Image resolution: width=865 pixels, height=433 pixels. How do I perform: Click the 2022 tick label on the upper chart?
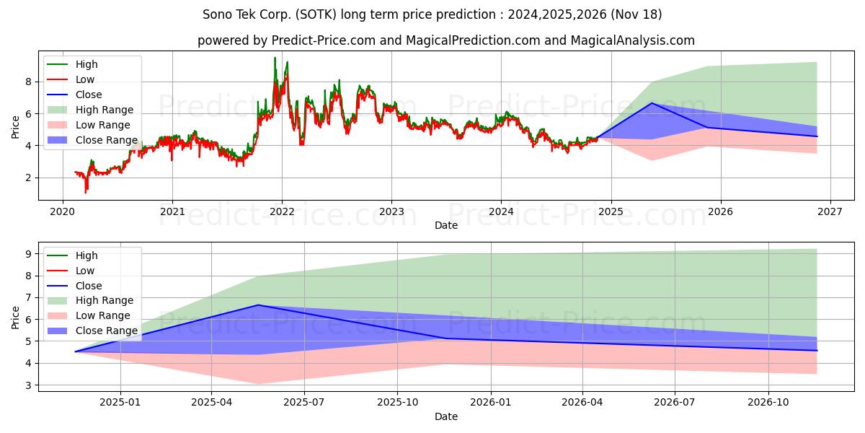(x=282, y=212)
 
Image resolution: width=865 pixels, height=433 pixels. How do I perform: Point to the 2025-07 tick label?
(x=304, y=403)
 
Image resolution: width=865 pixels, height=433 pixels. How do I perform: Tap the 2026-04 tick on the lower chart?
(x=582, y=403)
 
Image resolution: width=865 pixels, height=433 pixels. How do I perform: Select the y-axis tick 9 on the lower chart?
(x=29, y=254)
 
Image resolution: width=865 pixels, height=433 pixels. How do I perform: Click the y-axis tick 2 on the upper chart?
(x=29, y=178)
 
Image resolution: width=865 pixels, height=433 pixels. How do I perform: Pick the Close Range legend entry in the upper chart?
(x=92, y=140)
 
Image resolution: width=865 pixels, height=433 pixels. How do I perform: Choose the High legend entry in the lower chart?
(x=72, y=255)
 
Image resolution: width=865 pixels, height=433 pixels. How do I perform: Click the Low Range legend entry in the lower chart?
(x=89, y=315)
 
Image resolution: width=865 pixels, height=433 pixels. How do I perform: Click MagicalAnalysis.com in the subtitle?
(x=633, y=40)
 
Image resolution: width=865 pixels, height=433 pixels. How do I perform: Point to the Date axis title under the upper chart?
(x=446, y=225)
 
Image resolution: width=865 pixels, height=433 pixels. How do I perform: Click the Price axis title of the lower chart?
(x=15, y=318)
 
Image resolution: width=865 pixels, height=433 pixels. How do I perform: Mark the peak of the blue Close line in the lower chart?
(x=258, y=305)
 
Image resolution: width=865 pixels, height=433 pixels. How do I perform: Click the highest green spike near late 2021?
(x=275, y=58)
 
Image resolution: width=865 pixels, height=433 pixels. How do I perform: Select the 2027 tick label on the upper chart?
(x=830, y=212)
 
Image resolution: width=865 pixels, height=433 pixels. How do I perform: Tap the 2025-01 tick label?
(x=120, y=403)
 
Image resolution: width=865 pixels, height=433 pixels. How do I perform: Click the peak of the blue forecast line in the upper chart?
(x=652, y=102)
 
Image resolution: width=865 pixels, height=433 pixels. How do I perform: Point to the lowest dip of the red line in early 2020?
(x=86, y=192)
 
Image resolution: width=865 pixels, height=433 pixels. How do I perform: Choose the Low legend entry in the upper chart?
(x=71, y=79)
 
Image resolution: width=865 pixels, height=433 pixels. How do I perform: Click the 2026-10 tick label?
(x=768, y=403)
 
